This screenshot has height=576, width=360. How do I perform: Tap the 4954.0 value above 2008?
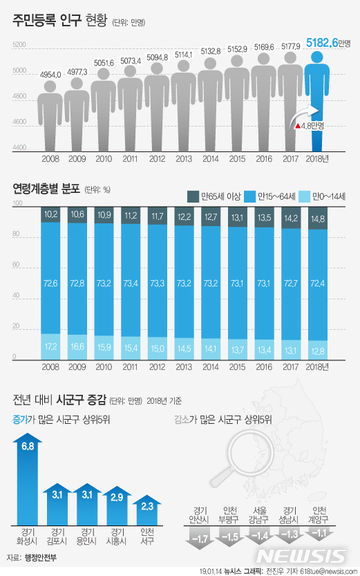pos(50,73)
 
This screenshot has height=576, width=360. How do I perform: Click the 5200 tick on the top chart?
pos(19,45)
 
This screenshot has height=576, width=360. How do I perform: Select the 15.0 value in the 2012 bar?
pos(158,349)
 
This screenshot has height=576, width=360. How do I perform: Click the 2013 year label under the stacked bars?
pos(184,366)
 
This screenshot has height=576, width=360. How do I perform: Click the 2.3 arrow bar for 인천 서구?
pos(147,508)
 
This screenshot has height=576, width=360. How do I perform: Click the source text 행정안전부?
pos(44,557)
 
